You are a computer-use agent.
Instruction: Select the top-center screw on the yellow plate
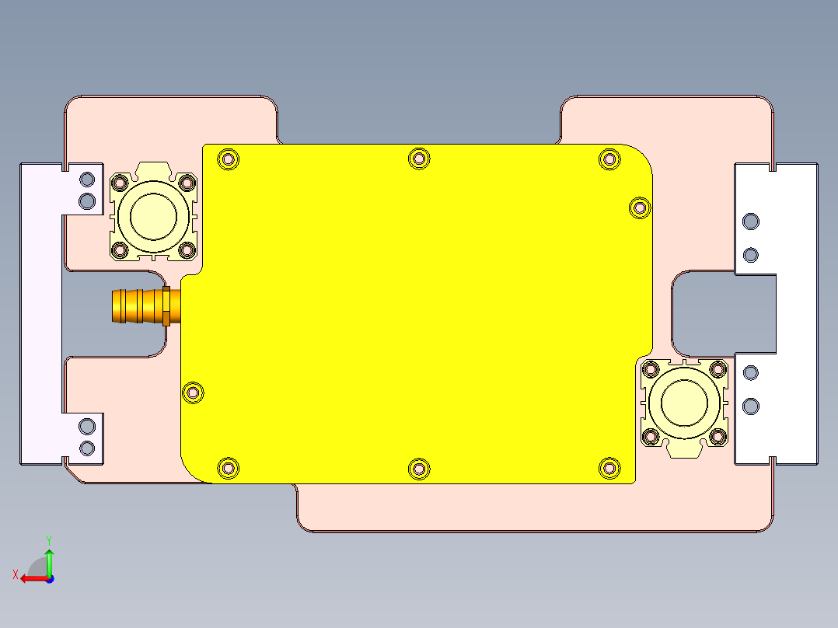click(x=419, y=159)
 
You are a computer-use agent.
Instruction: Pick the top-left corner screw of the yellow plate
click(x=228, y=159)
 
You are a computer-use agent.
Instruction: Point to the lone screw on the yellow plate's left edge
click(x=192, y=393)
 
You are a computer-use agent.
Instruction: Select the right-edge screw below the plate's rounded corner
click(x=639, y=208)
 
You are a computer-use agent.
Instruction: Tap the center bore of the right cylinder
click(x=684, y=402)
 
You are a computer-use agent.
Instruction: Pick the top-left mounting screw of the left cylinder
click(x=120, y=183)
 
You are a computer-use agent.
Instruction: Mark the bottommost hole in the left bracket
click(x=88, y=448)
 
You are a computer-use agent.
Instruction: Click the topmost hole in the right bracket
click(x=750, y=222)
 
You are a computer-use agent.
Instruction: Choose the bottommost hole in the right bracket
click(x=750, y=406)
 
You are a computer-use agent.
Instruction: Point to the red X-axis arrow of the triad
click(x=30, y=578)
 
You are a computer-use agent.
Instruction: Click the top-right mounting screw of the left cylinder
click(x=187, y=183)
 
